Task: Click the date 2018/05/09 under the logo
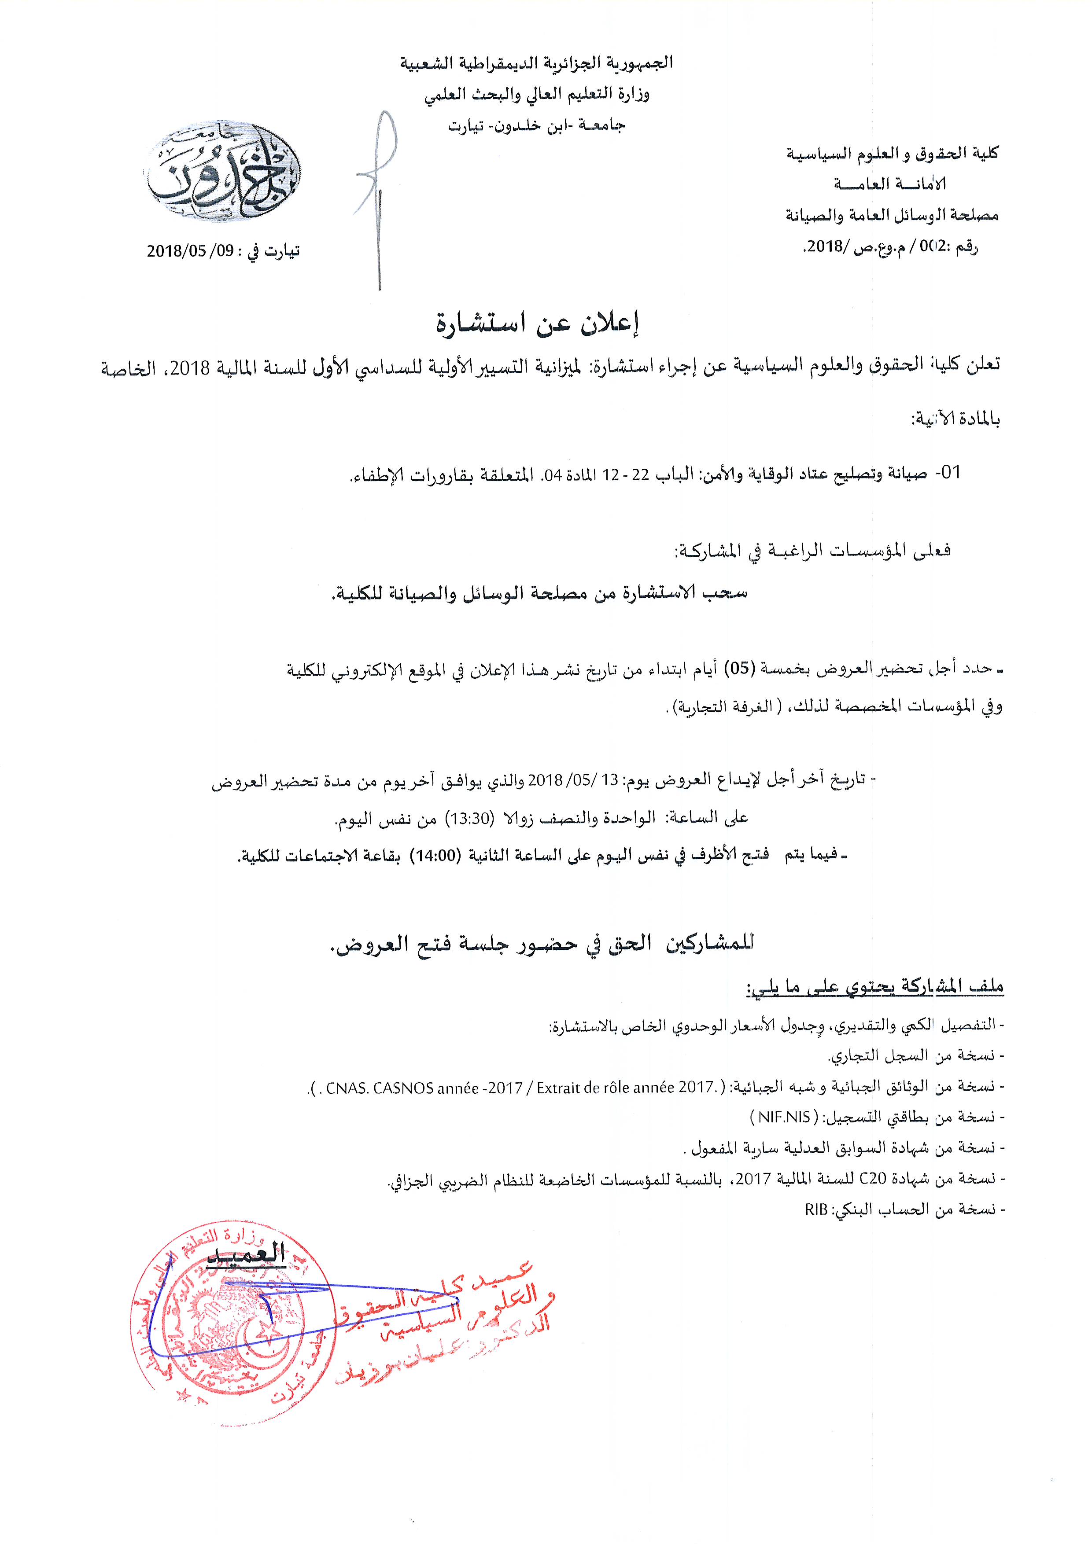pos(190,251)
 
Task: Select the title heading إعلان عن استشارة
pos(537,324)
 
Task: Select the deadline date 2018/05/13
pos(572,780)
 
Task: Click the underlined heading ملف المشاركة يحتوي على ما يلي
pos(874,987)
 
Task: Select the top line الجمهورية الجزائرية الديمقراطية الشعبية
pos(537,63)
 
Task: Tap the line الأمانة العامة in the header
pos(889,184)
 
